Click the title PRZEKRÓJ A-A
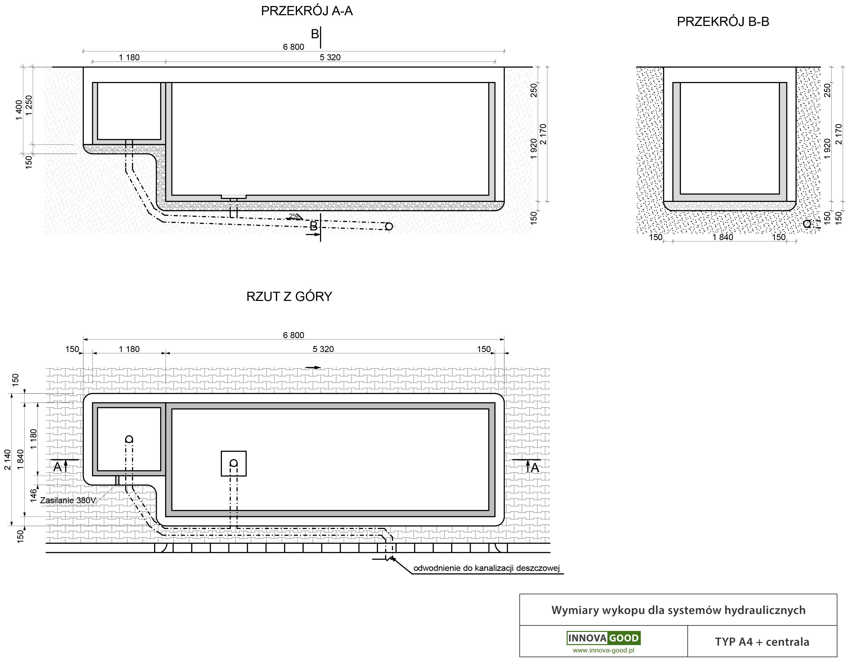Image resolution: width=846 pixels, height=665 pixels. [x=307, y=11]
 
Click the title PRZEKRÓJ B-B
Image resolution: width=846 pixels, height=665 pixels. [x=723, y=22]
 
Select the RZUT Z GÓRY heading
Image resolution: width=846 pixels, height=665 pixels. [x=289, y=297]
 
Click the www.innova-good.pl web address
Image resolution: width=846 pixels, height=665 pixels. [x=604, y=650]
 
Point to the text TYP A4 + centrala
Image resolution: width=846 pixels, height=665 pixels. [x=762, y=642]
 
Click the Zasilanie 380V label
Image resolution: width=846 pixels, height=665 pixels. [x=68, y=500]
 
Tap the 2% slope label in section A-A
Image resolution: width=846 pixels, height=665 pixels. [x=294, y=216]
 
